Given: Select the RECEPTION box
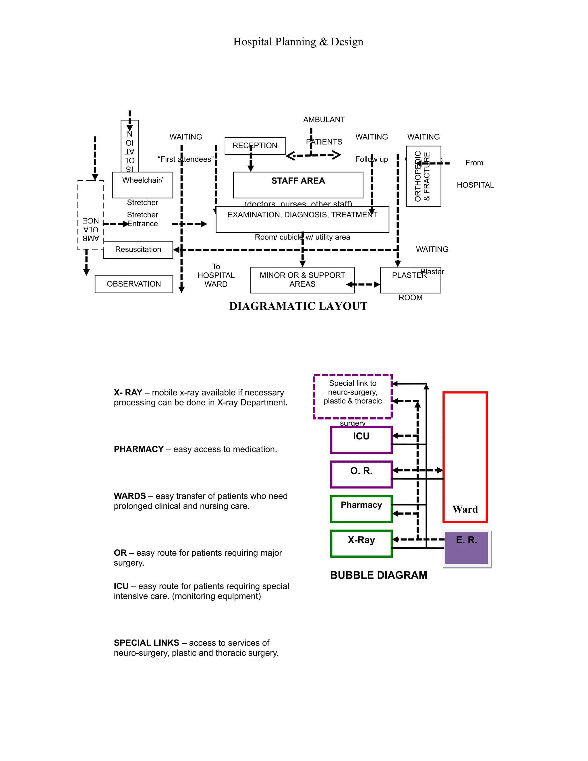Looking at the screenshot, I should point(255,146).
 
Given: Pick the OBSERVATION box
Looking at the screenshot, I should point(134,284).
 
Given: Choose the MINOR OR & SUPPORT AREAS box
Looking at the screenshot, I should point(302,280).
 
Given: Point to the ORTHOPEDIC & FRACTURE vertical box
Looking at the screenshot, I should point(423,176).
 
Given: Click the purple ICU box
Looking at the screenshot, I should point(361,440).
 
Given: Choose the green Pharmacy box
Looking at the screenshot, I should point(361,509).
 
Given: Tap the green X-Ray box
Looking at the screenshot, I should point(361,543).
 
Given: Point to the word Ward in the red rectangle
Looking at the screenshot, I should point(465,509).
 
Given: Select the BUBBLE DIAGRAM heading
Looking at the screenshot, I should point(378,575).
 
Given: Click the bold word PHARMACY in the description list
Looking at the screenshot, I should point(139,449).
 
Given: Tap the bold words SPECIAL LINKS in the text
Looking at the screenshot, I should point(146,643).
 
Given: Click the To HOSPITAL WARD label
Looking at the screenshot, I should point(216,275).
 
